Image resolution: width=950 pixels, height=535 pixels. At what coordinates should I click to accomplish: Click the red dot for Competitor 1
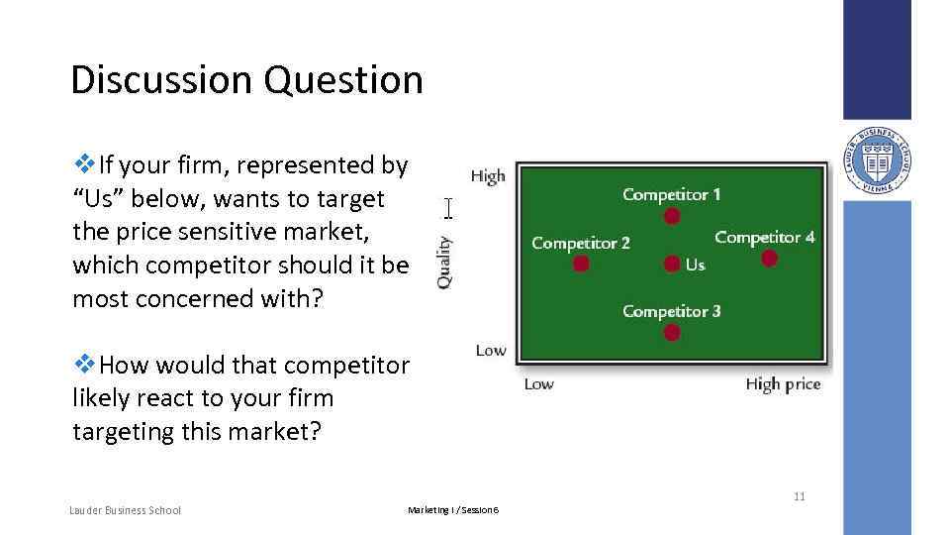(672, 216)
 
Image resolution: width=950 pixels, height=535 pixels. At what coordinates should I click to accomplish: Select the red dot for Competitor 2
(581, 264)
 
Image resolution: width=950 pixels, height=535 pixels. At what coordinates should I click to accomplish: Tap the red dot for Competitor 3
(672, 333)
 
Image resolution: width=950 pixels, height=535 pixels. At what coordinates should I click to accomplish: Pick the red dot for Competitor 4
(769, 259)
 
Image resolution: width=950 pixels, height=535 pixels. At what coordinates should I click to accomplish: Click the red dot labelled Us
(672, 264)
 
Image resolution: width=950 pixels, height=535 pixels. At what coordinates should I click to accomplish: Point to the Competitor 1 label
(671, 194)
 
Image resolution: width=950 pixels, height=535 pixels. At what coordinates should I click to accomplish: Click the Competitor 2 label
(580, 243)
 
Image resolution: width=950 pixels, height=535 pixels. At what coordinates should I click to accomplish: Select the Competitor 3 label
(671, 311)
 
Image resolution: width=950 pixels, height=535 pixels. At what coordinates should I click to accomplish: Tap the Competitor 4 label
(764, 237)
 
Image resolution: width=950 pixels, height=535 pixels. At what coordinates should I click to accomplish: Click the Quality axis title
(445, 261)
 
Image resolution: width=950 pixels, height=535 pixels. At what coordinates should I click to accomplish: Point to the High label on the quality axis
(488, 176)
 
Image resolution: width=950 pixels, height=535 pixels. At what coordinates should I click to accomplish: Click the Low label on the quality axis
(490, 350)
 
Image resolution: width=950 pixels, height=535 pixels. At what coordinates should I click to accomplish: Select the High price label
(783, 384)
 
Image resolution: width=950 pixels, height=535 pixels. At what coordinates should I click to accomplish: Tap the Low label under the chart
(538, 384)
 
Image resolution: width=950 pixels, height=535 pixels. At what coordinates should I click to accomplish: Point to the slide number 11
(799, 496)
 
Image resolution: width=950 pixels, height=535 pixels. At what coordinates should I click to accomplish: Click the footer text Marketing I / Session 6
(453, 510)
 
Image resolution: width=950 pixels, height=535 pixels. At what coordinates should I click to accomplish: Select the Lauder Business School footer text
(125, 510)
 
